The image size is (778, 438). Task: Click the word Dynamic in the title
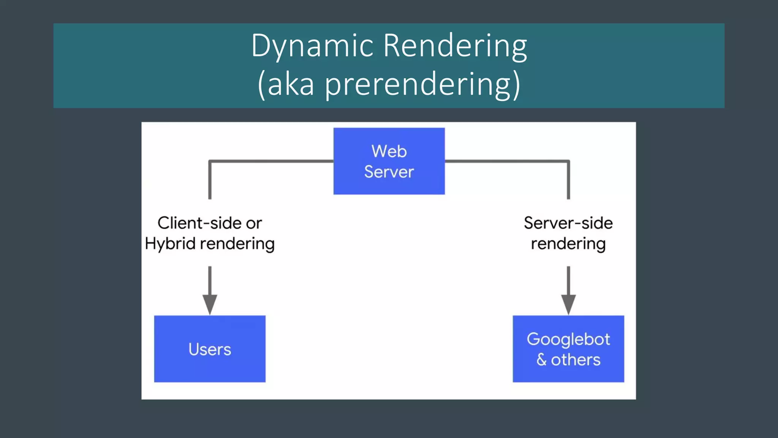312,46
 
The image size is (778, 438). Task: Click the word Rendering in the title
455,46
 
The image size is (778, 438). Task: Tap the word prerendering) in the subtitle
422,84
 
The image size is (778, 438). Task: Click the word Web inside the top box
389,151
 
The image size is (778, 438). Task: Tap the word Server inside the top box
389,172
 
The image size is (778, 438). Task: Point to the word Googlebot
568,339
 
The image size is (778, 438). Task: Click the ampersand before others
541,360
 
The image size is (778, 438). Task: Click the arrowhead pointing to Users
210,304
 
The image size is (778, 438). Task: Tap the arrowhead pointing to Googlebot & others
568,304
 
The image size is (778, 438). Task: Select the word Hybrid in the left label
170,244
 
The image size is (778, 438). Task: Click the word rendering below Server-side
568,244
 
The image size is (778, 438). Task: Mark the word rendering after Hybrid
237,244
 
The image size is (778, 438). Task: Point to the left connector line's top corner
210,162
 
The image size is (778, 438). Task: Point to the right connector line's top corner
568,162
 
